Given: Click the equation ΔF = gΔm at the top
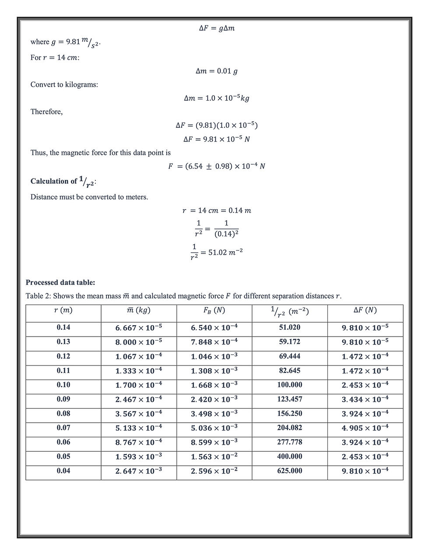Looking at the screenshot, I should (x=217, y=28).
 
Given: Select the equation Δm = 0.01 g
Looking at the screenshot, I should (x=217, y=71).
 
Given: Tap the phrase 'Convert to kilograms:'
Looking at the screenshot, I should (x=64, y=84).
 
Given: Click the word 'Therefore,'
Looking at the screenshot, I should (x=46, y=112).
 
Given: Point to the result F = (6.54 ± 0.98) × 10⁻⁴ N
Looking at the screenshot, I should (x=217, y=166).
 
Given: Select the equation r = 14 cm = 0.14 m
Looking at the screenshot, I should (x=217, y=211).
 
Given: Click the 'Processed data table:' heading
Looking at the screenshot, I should (x=60, y=282).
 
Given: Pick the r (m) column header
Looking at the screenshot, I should (x=63, y=310).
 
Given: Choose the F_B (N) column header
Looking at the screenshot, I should (x=214, y=310).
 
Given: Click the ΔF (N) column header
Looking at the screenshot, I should (x=365, y=310).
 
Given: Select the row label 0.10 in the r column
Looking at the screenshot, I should (x=63, y=385).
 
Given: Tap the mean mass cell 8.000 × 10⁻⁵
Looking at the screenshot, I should (x=139, y=342).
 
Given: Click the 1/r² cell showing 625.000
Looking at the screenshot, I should (x=290, y=471).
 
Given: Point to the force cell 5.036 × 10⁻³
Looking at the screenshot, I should (x=214, y=428).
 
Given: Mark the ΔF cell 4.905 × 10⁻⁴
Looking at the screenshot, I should (x=365, y=428).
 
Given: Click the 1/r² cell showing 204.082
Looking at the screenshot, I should (x=290, y=428).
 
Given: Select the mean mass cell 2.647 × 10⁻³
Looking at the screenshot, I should (x=139, y=471).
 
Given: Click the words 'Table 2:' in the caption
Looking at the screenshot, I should (x=38, y=296).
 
